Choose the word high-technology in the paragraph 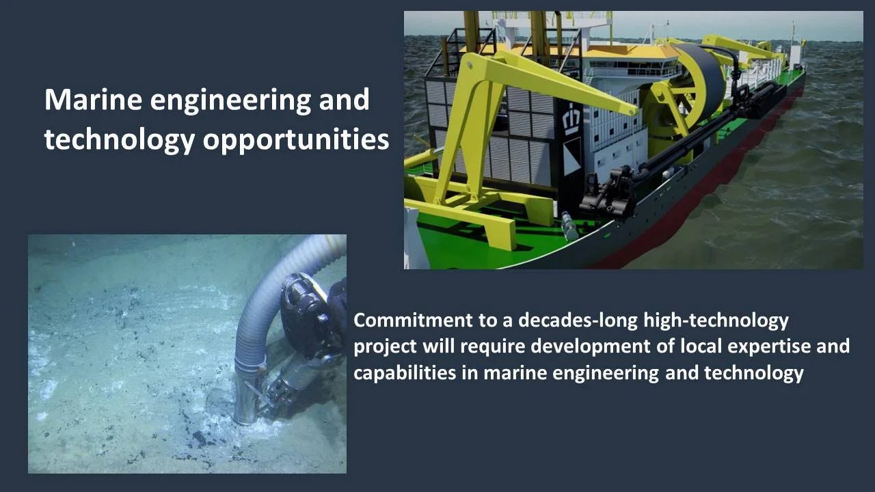tap(716, 320)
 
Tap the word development tap(602, 346)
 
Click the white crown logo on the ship tap(569, 121)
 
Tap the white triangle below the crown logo tap(571, 156)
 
